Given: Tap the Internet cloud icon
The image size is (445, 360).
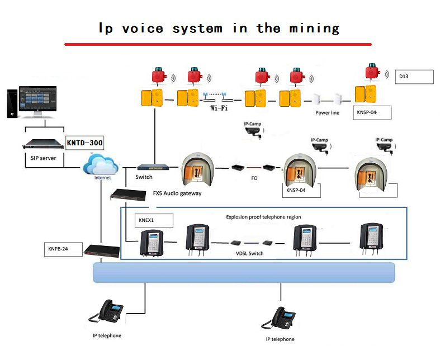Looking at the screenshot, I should (101, 165).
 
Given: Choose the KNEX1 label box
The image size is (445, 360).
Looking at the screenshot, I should (154, 220).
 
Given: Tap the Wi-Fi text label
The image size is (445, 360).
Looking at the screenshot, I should (219, 108).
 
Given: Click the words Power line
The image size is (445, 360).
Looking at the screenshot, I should (327, 112).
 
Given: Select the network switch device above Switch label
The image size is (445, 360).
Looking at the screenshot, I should (154, 167).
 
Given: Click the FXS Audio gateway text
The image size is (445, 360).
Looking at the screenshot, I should (177, 193).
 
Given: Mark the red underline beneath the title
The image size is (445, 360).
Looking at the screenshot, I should (218, 44).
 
